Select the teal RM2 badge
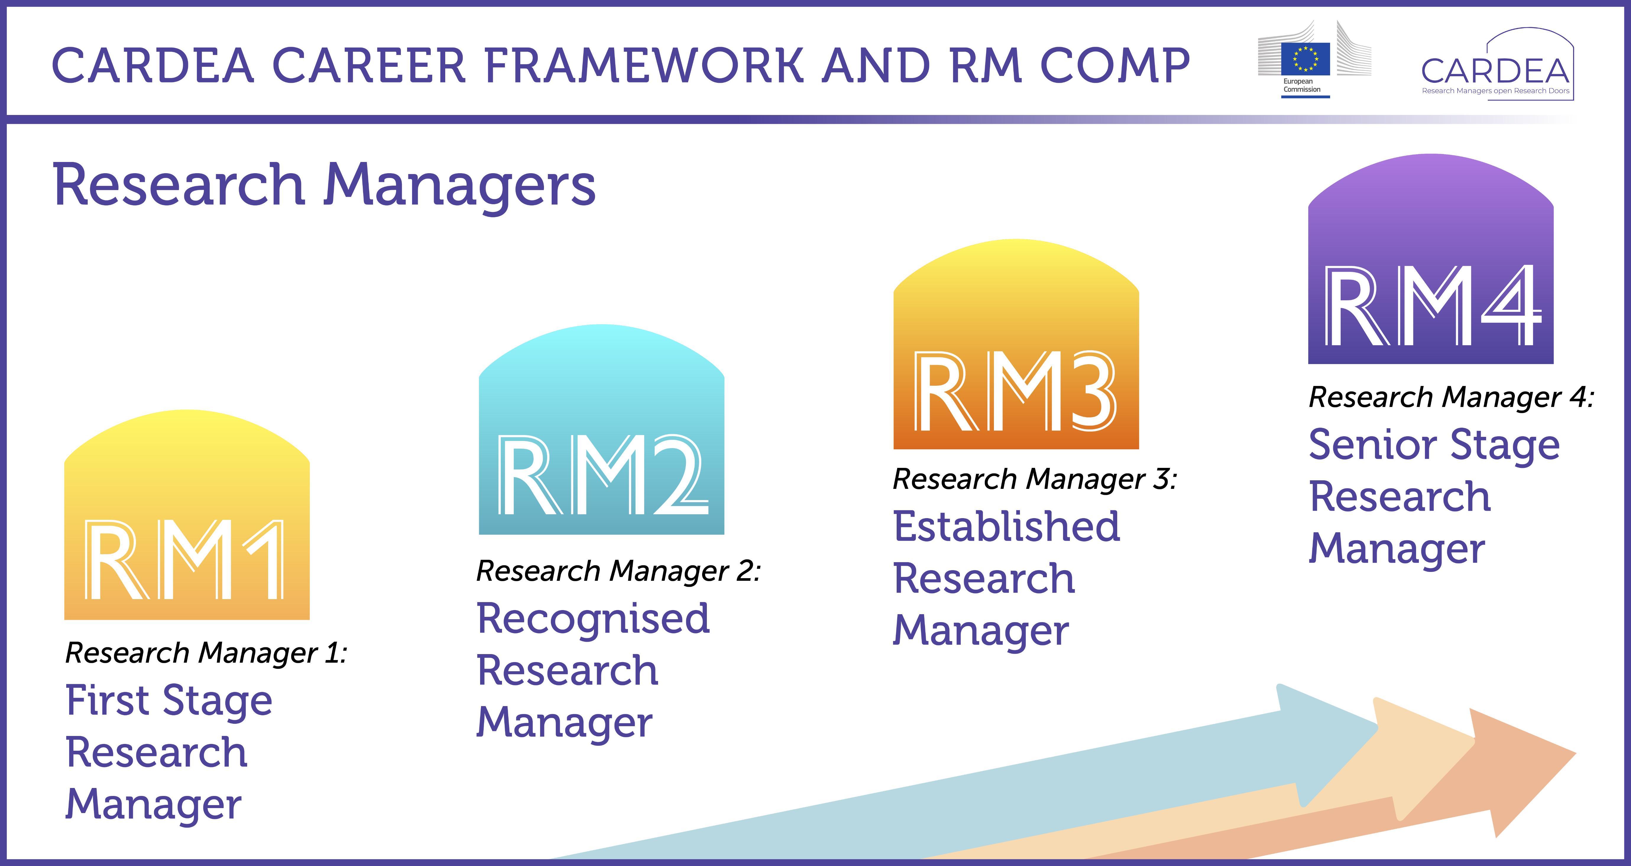tap(602, 429)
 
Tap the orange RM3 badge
tap(1016, 344)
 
